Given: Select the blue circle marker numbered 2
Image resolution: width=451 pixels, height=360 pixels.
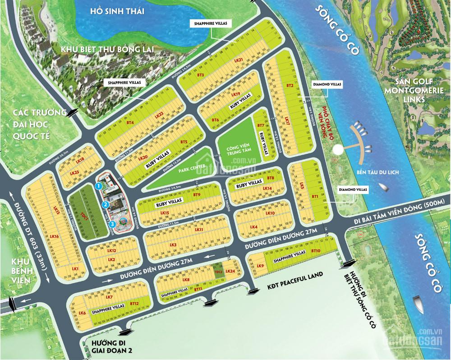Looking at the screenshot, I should tap(105, 204).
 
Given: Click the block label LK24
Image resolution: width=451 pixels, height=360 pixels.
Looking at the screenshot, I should tap(230, 271).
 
